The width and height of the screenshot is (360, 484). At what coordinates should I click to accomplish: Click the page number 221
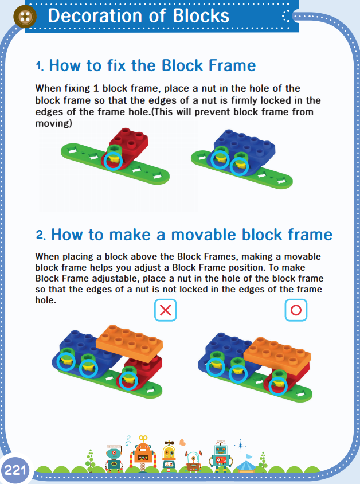(x=15, y=470)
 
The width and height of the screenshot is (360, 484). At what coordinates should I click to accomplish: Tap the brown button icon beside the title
(x=25, y=17)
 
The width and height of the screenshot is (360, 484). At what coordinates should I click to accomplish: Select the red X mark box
(x=166, y=310)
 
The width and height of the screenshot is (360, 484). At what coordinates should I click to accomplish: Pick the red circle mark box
(x=296, y=310)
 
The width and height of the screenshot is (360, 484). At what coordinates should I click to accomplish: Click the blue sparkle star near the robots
(x=240, y=446)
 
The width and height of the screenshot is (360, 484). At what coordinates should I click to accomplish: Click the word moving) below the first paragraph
(x=54, y=123)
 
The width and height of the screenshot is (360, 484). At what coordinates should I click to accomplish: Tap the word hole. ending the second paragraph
(x=46, y=300)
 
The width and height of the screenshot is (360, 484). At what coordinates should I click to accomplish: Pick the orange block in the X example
(x=130, y=343)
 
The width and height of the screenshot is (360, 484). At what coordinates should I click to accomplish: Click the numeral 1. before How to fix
(x=40, y=66)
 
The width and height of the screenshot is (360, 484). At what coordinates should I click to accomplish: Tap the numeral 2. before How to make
(x=41, y=235)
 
